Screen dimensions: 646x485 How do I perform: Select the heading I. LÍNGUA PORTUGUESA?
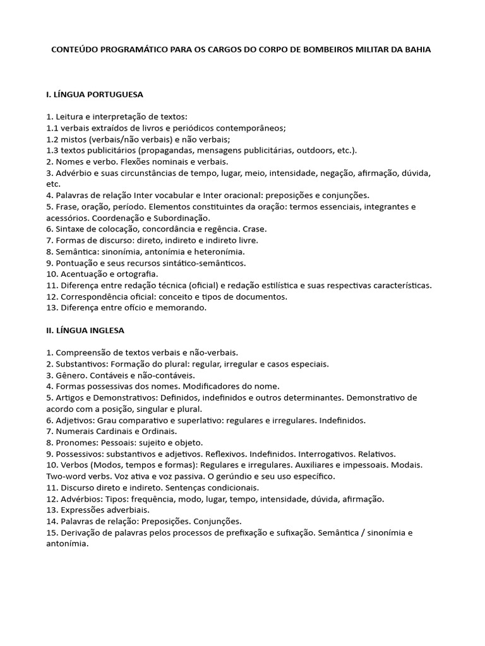pyautogui.click(x=95, y=95)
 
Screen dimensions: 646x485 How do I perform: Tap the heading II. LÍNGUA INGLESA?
pyautogui.click(x=85, y=330)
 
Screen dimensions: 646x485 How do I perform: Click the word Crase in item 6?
pyautogui.click(x=254, y=229)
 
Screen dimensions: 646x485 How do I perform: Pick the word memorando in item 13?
pyautogui.click(x=179, y=308)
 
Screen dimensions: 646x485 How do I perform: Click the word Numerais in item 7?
pyautogui.click(x=75, y=431)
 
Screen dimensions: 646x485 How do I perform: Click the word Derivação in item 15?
pyautogui.click(x=81, y=532)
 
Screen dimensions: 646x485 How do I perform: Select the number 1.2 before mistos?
pyautogui.click(x=52, y=139)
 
